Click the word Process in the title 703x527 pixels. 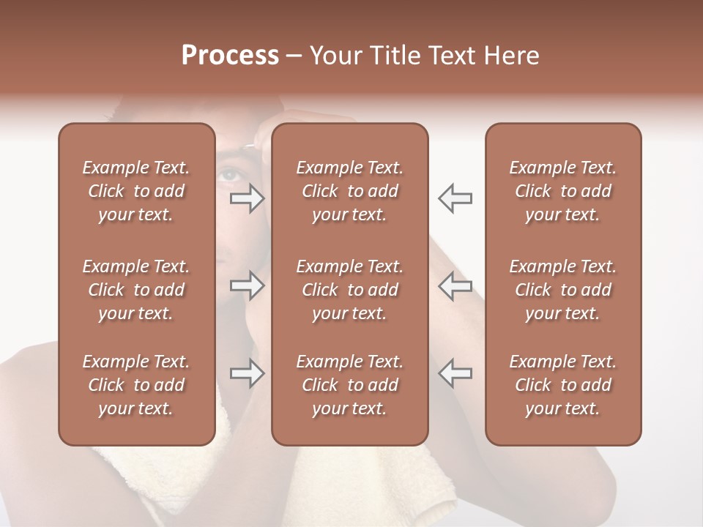coord(230,56)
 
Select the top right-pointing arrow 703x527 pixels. coord(248,198)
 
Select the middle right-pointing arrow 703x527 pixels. coord(248,285)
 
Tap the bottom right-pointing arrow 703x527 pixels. coord(248,373)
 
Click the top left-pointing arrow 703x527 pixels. coord(455,198)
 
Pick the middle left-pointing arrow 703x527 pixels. coord(455,285)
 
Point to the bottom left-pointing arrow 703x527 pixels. coord(455,373)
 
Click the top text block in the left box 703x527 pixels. coord(136,191)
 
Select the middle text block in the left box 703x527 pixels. coord(136,290)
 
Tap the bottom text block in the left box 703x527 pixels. coord(136,385)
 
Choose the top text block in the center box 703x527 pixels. coord(349,191)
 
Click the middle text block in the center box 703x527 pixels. coord(349,290)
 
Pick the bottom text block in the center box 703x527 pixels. coord(349,385)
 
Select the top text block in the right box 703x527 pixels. coord(562,191)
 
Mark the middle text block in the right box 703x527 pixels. coord(562,290)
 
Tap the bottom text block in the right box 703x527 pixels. coord(562,385)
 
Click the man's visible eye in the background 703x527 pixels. coord(230,174)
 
